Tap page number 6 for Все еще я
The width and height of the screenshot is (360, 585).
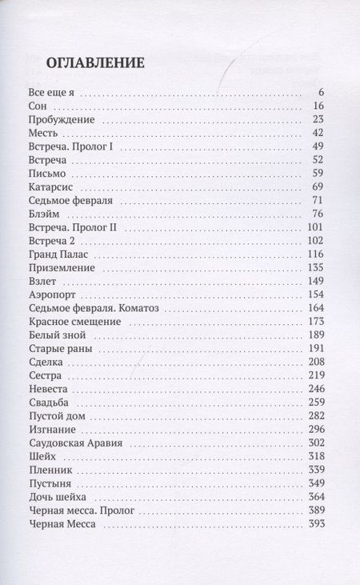[319, 91]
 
